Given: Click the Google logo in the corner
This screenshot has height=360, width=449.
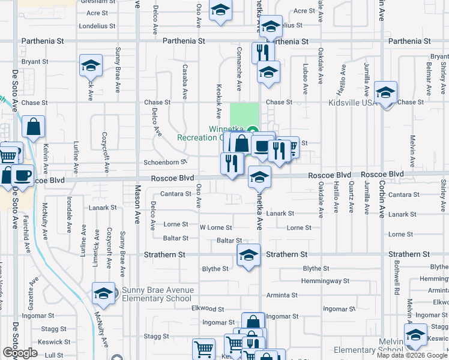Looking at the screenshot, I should [20, 353].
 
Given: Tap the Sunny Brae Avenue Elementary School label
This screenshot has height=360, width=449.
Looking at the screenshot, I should [158, 294].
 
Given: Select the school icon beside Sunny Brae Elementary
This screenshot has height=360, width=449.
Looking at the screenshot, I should [103, 294].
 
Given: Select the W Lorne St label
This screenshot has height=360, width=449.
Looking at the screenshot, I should [215, 228].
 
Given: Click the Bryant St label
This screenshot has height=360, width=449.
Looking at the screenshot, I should [35, 62].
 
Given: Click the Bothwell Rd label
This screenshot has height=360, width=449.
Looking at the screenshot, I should [397, 278].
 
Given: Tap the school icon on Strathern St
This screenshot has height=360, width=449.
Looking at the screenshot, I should [249, 255].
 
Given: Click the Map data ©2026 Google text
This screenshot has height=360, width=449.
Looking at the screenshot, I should [412, 355].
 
